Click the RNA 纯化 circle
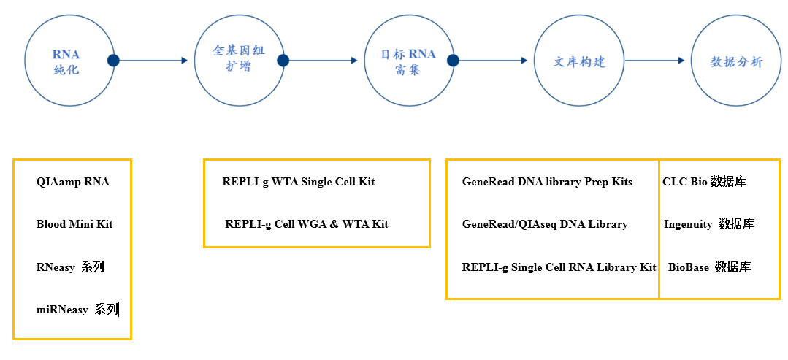(66, 62)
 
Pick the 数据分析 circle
(735, 61)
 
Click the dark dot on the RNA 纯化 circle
(113, 61)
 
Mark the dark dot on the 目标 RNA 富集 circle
(454, 61)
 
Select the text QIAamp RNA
(73, 182)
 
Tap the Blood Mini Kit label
(74, 223)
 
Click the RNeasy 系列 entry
(70, 267)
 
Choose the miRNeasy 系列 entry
(77, 310)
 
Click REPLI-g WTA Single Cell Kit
(298, 181)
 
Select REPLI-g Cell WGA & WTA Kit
(307, 223)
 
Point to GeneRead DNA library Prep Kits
(547, 181)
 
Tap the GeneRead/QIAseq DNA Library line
(545, 224)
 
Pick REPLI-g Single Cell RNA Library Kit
(559, 267)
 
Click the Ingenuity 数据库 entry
(709, 224)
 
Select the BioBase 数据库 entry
(709, 267)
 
